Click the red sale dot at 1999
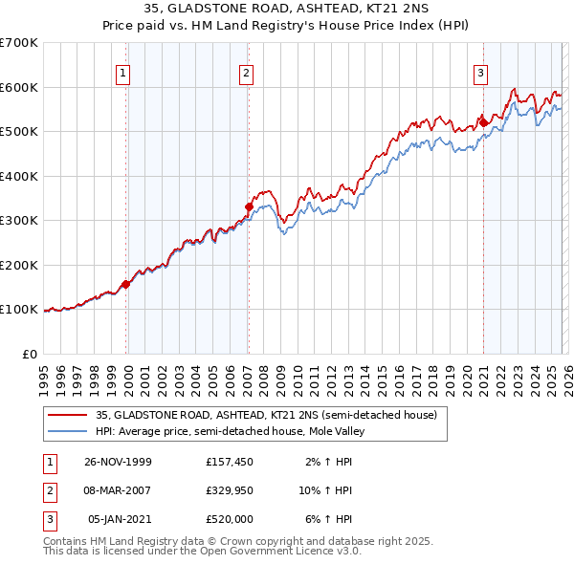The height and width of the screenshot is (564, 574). click(126, 284)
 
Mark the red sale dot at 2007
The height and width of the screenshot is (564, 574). click(249, 206)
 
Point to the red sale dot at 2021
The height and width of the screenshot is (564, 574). click(483, 122)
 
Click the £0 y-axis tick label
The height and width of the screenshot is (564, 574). click(29, 354)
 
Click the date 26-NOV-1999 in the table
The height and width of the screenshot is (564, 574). click(118, 462)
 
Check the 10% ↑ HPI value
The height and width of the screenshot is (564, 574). click(326, 490)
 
